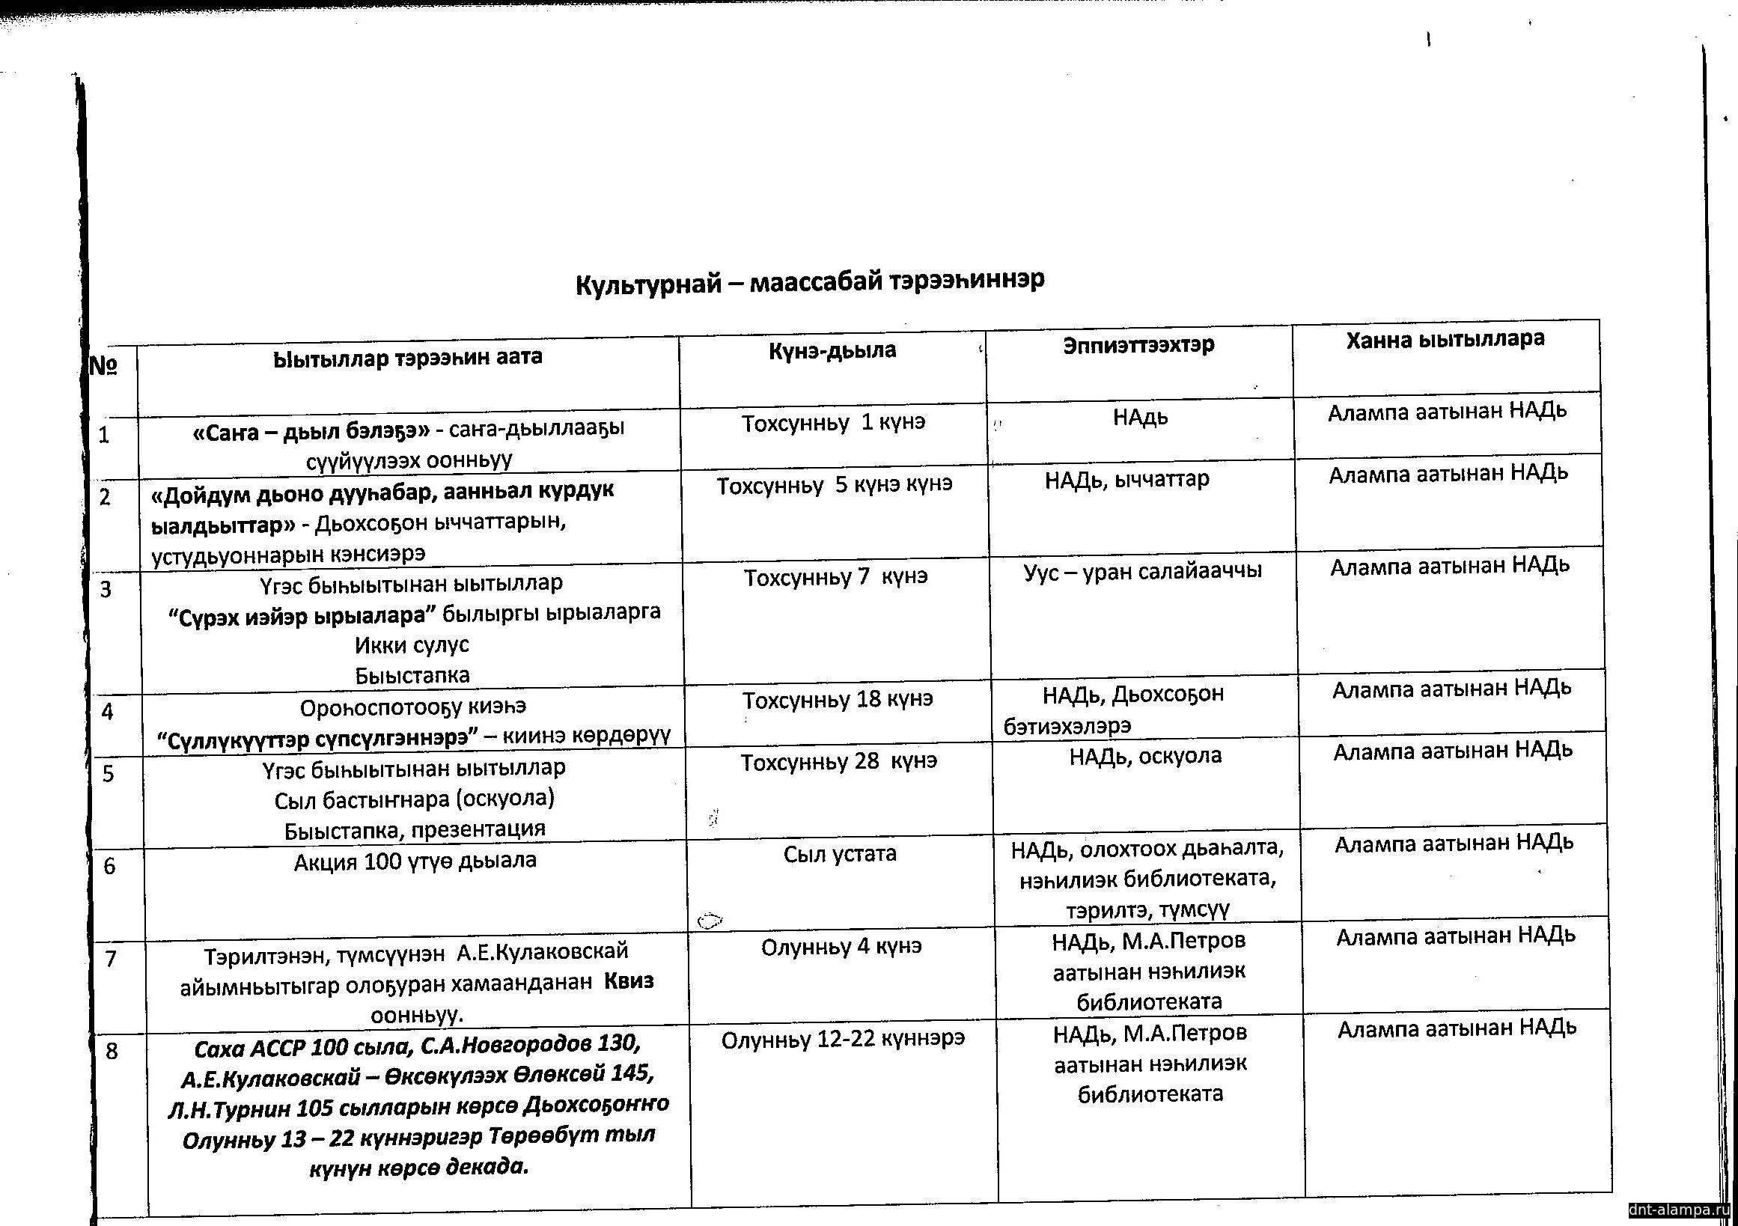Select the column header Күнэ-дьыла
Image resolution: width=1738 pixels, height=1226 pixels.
[832, 350]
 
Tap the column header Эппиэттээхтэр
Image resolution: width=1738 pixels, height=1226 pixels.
[1138, 345]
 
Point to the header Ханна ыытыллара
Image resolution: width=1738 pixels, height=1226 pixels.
[1445, 339]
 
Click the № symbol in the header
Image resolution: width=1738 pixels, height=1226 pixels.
[103, 366]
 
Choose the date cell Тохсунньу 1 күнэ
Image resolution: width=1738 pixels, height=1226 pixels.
[833, 422]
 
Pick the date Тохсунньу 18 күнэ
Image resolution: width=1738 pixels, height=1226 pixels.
[838, 699]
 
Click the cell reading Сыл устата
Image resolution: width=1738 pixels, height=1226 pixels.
[841, 854]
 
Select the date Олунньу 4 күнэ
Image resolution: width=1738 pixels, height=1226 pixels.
[842, 947]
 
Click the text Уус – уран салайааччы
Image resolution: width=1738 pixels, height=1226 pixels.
[1142, 570]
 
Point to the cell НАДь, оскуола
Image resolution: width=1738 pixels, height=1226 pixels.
[1145, 755]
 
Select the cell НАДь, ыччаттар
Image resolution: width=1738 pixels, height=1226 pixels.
[1127, 479]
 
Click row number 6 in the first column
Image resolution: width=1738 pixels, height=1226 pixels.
[110, 866]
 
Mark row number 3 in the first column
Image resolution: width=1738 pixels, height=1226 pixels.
[106, 589]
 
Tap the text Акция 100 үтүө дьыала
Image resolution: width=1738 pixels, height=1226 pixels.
[415, 861]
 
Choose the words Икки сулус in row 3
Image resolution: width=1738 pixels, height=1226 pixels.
[412, 644]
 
